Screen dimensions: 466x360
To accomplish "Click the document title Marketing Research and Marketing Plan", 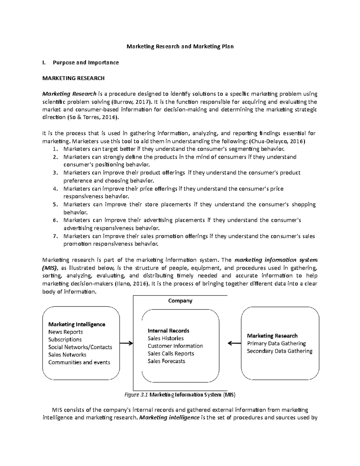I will pyautogui.click(x=180, y=47).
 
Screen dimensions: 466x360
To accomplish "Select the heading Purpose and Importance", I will pyautogui.click(x=85, y=62).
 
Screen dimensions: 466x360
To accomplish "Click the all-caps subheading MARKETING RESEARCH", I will pyautogui.click(x=73, y=78).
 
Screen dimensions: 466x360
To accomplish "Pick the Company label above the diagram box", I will pyautogui.click(x=180, y=301).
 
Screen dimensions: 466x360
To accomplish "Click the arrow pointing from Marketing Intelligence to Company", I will pyautogui.click(x=126, y=343).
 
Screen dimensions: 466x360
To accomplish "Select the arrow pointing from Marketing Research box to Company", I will pyautogui.click(x=234, y=343).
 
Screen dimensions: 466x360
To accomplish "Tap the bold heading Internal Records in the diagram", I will pyautogui.click(x=168, y=331).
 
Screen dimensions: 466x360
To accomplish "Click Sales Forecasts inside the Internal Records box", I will pyautogui.click(x=166, y=361).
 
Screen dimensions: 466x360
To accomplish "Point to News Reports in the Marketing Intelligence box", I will pyautogui.click(x=65, y=332).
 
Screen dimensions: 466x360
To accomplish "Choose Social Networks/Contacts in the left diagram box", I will pyautogui.click(x=80, y=347).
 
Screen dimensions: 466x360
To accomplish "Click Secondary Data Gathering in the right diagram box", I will pyautogui.click(x=280, y=351).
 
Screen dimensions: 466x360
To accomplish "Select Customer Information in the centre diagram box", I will pyautogui.click(x=175, y=346).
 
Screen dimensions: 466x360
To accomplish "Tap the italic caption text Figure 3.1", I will pyautogui.click(x=136, y=395).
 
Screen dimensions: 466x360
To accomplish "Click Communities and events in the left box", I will pyautogui.click(x=79, y=362).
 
